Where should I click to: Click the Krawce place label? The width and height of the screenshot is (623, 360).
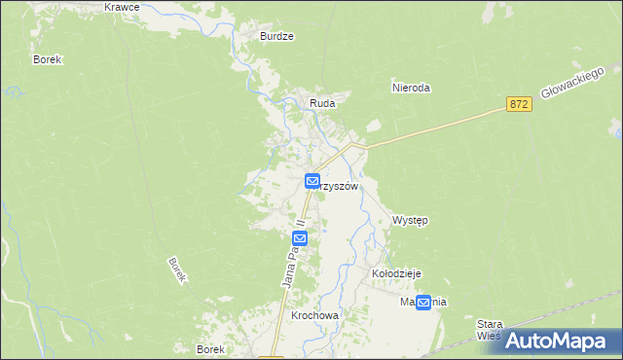tap(121, 7)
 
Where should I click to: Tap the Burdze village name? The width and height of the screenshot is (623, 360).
tap(276, 36)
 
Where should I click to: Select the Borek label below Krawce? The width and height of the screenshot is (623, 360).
tap(47, 59)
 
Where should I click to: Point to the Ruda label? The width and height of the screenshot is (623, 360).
tap(322, 102)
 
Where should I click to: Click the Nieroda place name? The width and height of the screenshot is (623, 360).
tap(410, 88)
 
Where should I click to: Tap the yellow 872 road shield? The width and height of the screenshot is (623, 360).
tap(519, 103)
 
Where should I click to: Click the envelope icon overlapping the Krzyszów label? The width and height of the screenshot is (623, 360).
tap(312, 181)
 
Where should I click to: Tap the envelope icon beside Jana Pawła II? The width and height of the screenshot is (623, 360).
tap(300, 237)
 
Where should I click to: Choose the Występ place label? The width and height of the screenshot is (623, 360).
tap(410, 220)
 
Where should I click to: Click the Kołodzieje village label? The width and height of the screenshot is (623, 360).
tap(396, 274)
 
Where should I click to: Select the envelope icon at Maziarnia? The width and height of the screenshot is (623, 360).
tap(423, 302)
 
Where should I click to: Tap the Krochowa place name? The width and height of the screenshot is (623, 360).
tap(313, 317)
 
